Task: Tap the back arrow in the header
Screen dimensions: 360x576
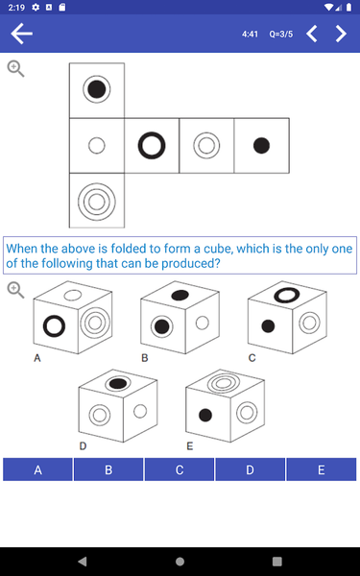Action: click(22, 34)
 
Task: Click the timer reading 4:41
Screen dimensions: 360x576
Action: click(250, 35)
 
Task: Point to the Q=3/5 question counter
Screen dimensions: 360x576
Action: click(281, 35)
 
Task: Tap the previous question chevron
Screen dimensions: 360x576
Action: click(311, 34)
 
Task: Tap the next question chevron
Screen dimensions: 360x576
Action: click(341, 34)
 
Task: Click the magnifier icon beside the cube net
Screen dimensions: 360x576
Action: click(15, 69)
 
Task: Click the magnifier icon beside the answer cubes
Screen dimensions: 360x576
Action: click(15, 290)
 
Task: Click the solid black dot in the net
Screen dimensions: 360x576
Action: click(261, 146)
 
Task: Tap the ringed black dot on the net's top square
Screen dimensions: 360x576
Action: click(97, 89)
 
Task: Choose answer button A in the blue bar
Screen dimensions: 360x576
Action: click(37, 469)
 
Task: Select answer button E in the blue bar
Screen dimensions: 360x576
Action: click(321, 469)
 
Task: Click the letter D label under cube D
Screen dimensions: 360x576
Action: click(83, 446)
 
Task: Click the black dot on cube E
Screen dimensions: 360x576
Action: click(205, 415)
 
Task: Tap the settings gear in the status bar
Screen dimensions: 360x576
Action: click(36, 7)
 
